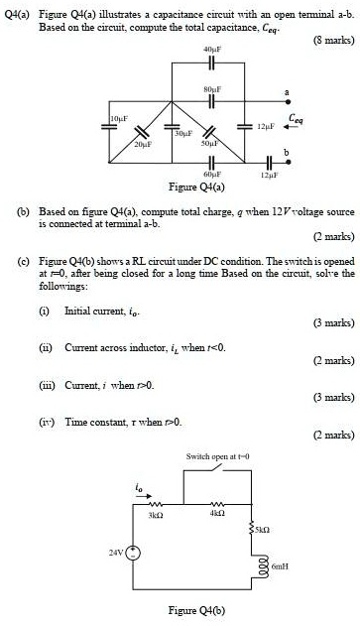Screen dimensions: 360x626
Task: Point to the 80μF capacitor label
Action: [208, 90]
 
